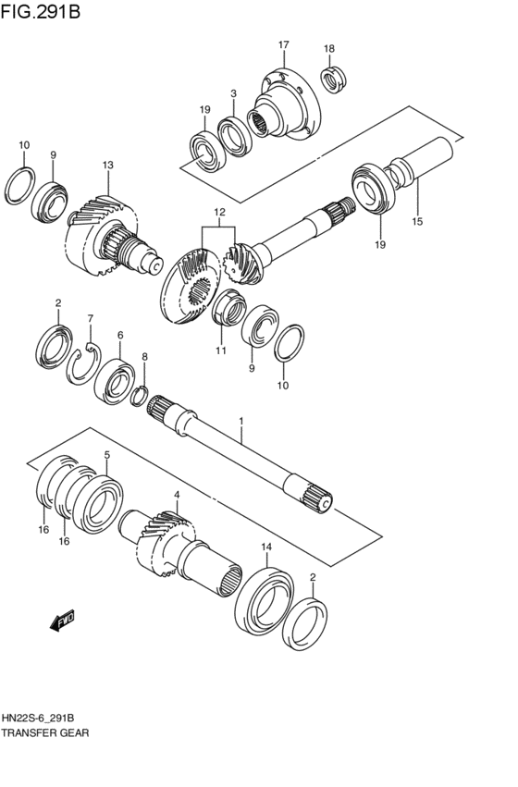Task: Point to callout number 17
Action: pyautogui.click(x=284, y=44)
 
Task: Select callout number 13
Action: pyautogui.click(x=108, y=165)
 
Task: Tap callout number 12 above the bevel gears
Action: pyautogui.click(x=219, y=213)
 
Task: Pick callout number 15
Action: pyautogui.click(x=417, y=221)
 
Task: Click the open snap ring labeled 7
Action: pyautogui.click(x=85, y=361)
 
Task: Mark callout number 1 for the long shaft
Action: pyautogui.click(x=241, y=421)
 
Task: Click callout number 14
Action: pyautogui.click(x=266, y=547)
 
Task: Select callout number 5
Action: pyautogui.click(x=107, y=455)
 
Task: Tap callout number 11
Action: pyautogui.click(x=221, y=350)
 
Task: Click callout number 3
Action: pyautogui.click(x=234, y=93)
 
